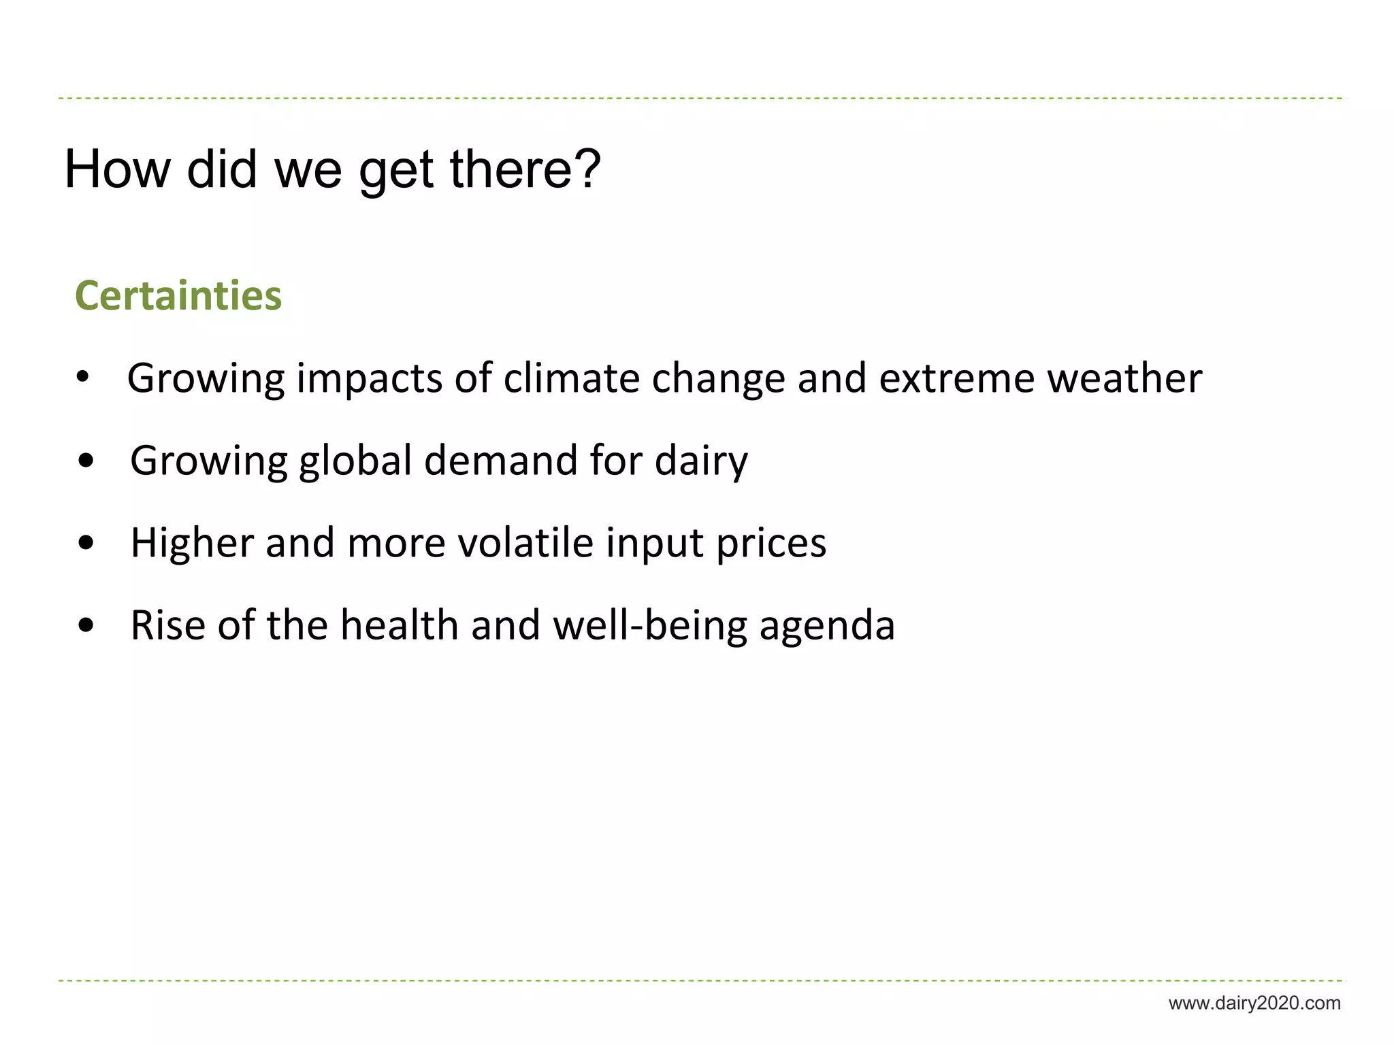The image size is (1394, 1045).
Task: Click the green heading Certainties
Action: [178, 296]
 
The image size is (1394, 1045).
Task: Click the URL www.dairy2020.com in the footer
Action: [1254, 1003]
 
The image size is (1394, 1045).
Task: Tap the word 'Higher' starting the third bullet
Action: [192, 543]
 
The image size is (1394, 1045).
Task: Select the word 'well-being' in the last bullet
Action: [649, 626]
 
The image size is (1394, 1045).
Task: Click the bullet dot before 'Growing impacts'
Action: [83, 378]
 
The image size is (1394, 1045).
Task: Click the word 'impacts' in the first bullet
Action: [369, 378]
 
